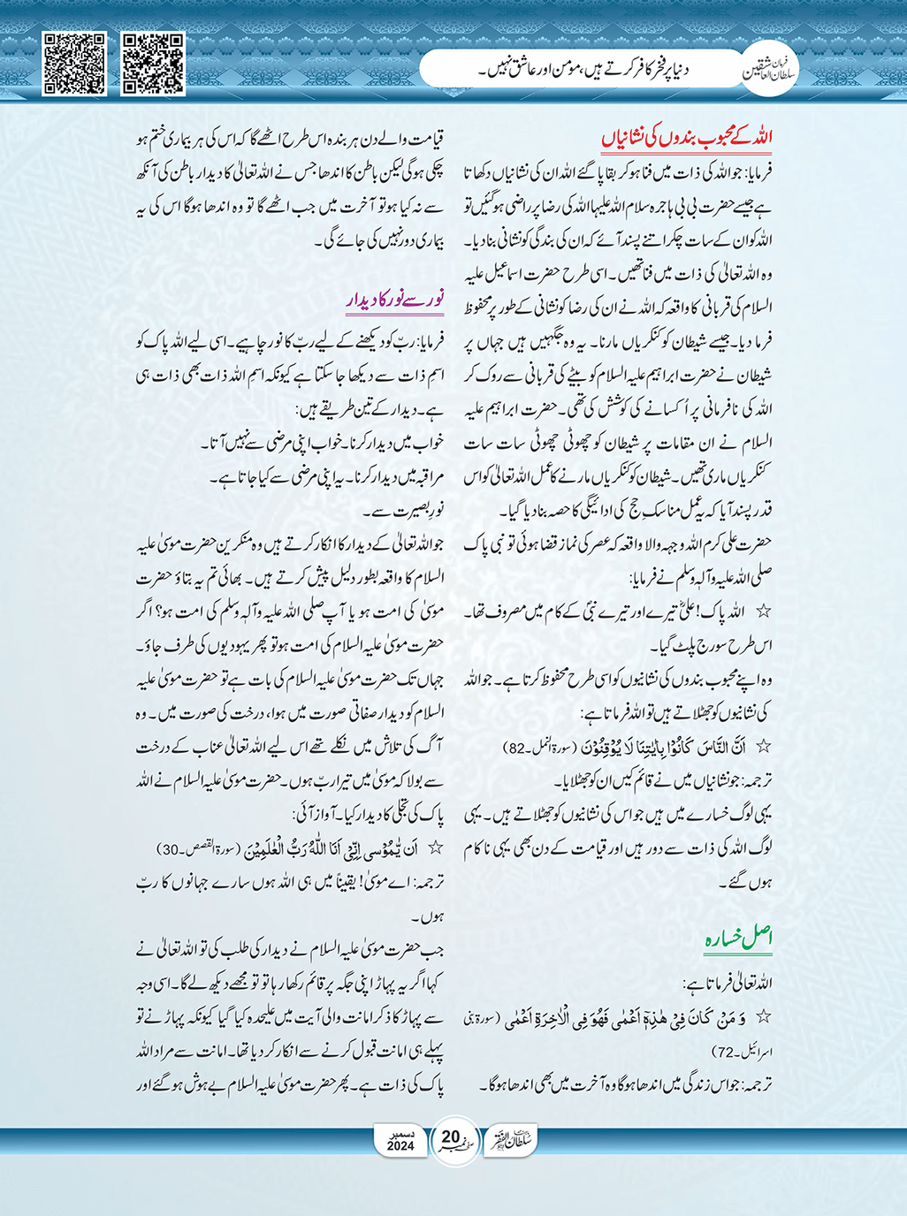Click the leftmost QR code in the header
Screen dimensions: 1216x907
75,63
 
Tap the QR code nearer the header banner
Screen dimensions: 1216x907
153,63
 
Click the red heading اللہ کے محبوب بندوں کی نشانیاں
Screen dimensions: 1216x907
687,139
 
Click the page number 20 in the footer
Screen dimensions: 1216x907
451,1136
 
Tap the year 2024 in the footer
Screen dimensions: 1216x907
400,1147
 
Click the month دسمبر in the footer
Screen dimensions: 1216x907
400,1133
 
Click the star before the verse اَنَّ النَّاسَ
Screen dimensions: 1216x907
765,748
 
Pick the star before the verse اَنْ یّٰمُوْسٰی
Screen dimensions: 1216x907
435,848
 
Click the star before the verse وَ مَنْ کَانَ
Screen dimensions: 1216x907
765,1017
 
